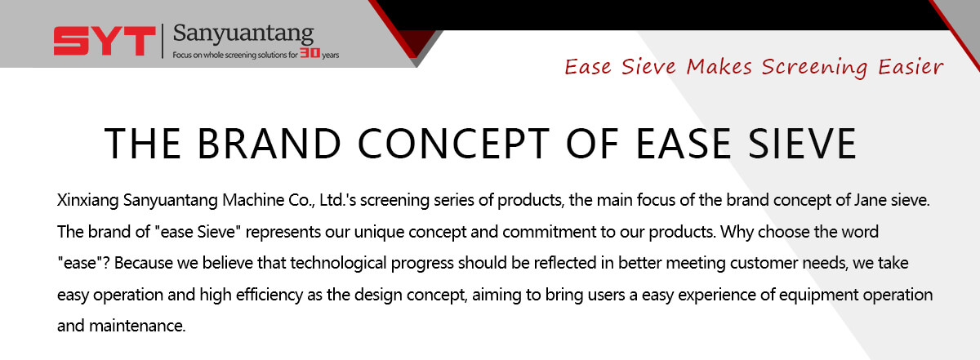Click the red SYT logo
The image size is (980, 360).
click(x=105, y=41)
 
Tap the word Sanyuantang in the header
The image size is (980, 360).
click(x=243, y=33)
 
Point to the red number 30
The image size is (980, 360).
click(x=310, y=53)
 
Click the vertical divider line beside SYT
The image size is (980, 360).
click(x=163, y=41)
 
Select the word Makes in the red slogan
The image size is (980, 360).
click(x=719, y=67)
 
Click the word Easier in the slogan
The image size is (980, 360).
click(x=911, y=67)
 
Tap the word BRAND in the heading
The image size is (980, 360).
click(x=269, y=144)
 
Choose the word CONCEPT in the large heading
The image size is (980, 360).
click(x=453, y=144)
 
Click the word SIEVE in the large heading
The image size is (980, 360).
click(x=802, y=144)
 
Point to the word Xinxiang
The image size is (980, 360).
click(x=88, y=200)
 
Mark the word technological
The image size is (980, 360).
click(x=338, y=264)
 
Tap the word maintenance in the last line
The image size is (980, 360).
click(x=137, y=327)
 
